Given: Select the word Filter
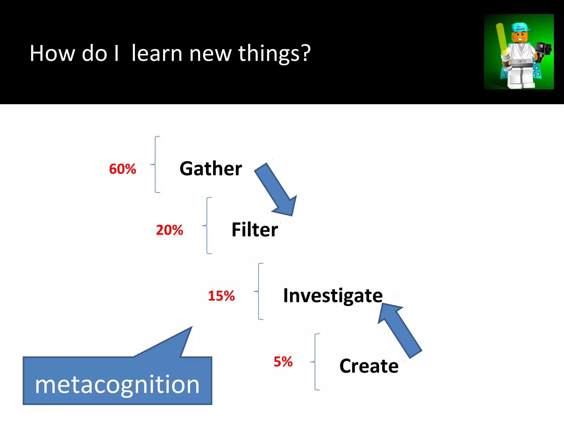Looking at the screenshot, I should pyautogui.click(x=255, y=230).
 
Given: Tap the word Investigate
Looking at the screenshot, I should pyautogui.click(x=333, y=296).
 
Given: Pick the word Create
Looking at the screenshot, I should pyautogui.click(x=369, y=366).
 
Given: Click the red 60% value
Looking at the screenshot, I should pyautogui.click(x=123, y=169).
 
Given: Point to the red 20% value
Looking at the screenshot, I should pyautogui.click(x=169, y=230).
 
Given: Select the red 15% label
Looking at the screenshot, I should pyautogui.click(x=221, y=296).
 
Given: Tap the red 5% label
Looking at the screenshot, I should pyautogui.click(x=283, y=362).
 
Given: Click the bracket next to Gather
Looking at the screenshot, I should pyautogui.click(x=156, y=164).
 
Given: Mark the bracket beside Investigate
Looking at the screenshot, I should pyautogui.click(x=259, y=291).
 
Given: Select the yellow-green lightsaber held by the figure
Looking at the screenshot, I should pyautogui.click(x=502, y=39).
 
